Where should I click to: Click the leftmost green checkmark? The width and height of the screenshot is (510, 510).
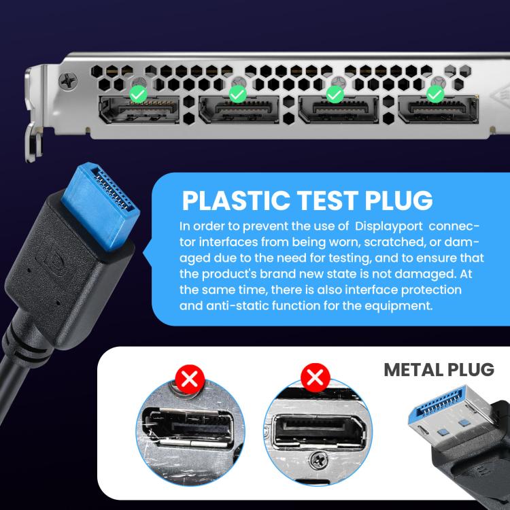coord(137,94)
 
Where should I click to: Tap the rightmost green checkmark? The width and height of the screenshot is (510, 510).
coord(434,94)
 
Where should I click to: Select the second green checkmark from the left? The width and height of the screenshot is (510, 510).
coord(237,94)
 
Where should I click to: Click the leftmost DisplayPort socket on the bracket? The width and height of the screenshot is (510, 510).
coord(139,112)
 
